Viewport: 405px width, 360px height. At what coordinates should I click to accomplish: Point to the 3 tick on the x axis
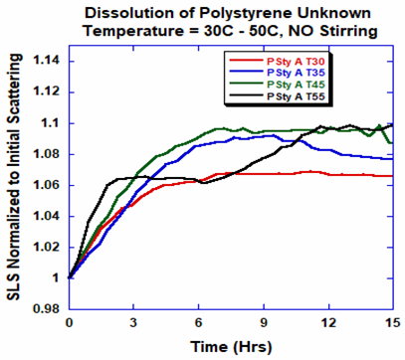(133, 322)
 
